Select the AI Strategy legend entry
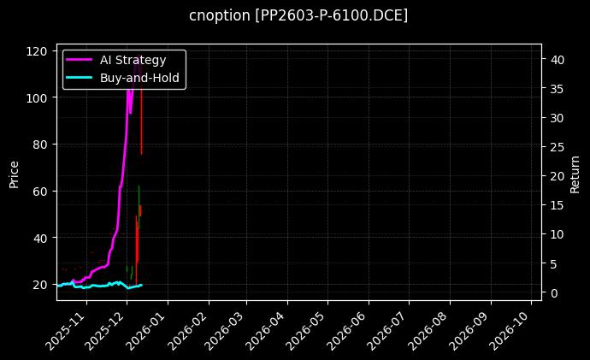(x=133, y=59)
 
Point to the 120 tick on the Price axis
(x=38, y=50)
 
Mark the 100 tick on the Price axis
(x=38, y=97)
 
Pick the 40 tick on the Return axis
(x=556, y=59)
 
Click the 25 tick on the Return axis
(x=556, y=146)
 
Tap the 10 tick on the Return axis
(x=556, y=234)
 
